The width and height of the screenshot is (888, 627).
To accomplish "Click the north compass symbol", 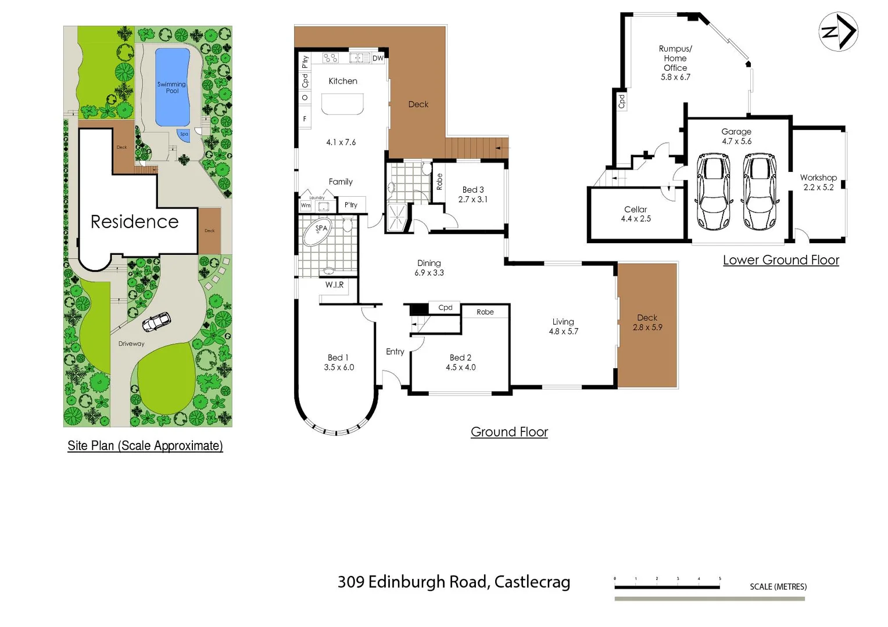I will tap(838, 31).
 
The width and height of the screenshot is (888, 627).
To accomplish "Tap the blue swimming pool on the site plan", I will tap(172, 87).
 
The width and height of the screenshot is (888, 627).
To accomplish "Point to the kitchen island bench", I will tap(342, 103).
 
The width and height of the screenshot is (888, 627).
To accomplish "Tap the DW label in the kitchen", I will tap(378, 58).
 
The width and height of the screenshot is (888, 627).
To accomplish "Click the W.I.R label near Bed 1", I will tap(334, 285).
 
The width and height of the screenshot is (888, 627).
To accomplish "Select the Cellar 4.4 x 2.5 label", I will tap(636, 214).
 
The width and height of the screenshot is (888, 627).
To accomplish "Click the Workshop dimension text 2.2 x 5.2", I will tap(818, 188).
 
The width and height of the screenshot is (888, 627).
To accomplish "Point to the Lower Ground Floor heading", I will tap(780, 260).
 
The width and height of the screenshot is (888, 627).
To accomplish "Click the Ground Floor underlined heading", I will tap(509, 432).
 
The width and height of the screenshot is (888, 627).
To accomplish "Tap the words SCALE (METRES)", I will tap(778, 587).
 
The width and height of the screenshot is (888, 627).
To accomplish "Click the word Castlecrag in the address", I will tap(532, 582).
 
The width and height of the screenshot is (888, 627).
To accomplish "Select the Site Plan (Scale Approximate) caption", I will tap(145, 446).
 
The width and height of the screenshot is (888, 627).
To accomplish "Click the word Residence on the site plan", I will tap(134, 222).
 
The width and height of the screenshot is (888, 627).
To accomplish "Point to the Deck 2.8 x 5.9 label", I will tap(647, 323).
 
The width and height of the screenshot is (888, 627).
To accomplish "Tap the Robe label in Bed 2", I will tap(485, 312).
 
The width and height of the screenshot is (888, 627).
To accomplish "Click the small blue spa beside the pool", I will tap(184, 135).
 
